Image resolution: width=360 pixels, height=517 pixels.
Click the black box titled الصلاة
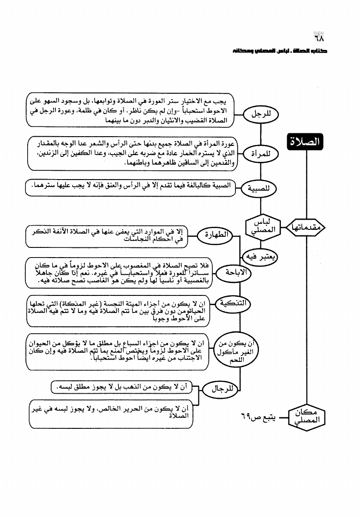click(306, 144)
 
